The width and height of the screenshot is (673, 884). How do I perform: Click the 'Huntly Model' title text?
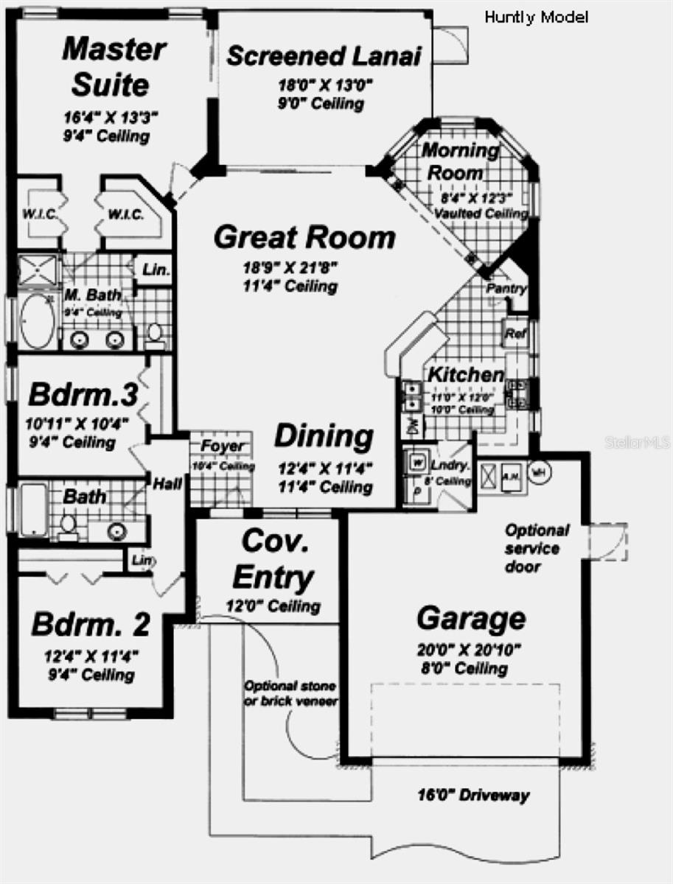[536, 18]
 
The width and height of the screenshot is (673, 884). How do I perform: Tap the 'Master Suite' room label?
[113, 67]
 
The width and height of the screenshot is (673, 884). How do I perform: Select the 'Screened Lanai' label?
[323, 56]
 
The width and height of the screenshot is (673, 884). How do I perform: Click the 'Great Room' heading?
[304, 238]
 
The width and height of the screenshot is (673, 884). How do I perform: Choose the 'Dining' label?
[324, 436]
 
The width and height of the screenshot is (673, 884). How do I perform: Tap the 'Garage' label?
[471, 618]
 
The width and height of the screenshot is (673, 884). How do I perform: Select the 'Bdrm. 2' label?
[91, 625]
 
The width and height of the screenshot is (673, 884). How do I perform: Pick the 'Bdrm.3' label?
[83, 394]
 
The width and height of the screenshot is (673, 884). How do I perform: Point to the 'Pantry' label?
[506, 289]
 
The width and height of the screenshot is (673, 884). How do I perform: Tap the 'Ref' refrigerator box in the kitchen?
[513, 333]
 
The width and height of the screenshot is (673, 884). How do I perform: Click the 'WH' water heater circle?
[540, 470]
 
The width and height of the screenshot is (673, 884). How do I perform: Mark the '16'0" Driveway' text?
[473, 796]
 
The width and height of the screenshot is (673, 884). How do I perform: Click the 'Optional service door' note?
[536, 548]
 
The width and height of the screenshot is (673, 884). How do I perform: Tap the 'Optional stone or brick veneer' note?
[290, 693]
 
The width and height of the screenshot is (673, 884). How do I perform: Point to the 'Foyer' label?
[222, 446]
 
